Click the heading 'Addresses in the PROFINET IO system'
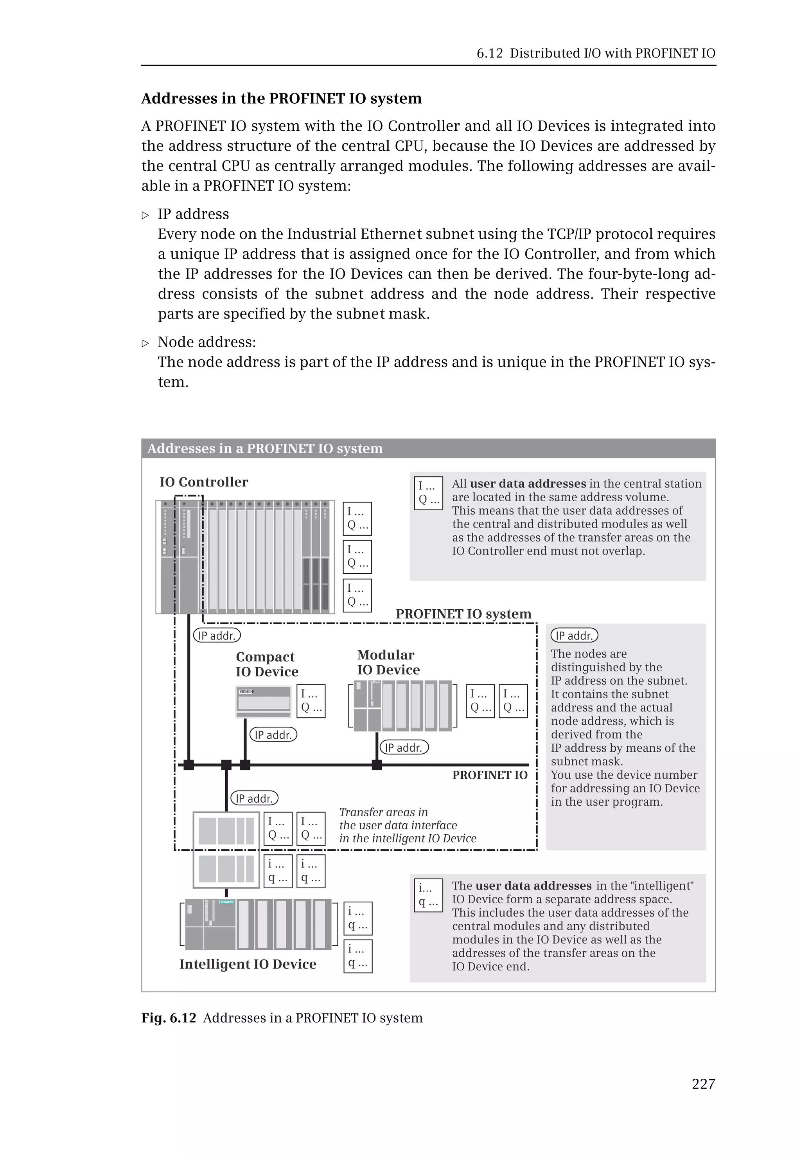coord(281,99)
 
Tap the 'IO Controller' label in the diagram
coord(204,482)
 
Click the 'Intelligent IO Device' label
coord(248,964)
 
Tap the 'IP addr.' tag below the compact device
coord(273,735)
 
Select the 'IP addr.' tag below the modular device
coord(404,747)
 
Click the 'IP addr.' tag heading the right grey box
coord(574,635)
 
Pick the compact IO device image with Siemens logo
coord(264,700)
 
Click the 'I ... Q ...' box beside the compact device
coord(311,701)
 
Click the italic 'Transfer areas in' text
coord(383,812)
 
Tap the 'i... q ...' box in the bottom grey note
coord(428,895)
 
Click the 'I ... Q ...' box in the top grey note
coord(428,493)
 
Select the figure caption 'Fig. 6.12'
coord(168,1017)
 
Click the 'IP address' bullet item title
coord(193,214)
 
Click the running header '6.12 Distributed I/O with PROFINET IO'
coord(596,53)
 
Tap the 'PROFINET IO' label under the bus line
coord(489,775)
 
